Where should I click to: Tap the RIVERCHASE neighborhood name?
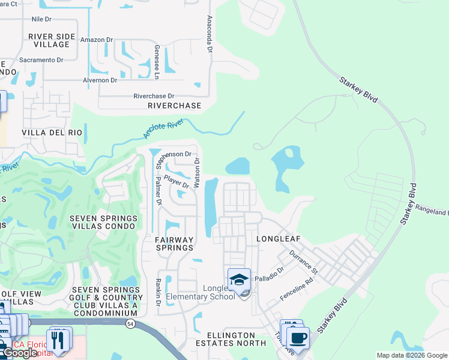[175, 106]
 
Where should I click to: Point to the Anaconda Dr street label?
[209, 34]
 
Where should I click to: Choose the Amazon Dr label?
[97, 40]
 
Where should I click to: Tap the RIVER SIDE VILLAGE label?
[52, 40]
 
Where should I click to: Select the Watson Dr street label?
[196, 168]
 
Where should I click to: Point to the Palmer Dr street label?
[158, 191]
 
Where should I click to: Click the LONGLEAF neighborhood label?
[278, 239]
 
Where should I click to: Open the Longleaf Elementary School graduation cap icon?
[239, 279]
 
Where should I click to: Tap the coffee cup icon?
[297, 337]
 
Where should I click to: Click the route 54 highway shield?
[130, 323]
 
